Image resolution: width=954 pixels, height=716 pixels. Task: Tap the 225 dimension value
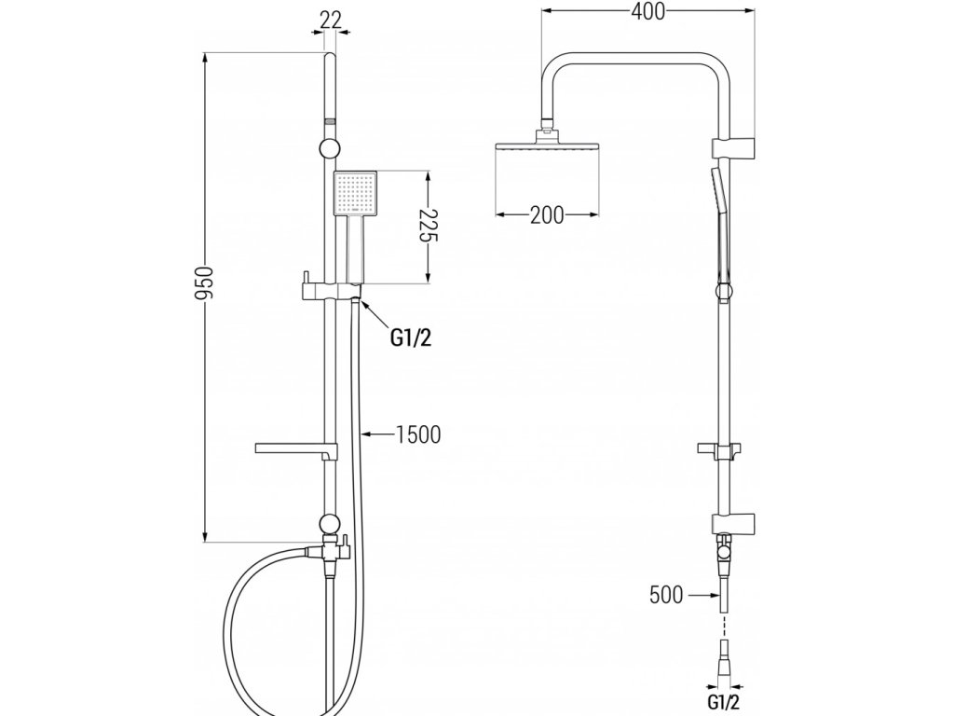(427, 226)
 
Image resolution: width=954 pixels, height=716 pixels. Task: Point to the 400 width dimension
(647, 13)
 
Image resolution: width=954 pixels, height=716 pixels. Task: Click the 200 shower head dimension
(546, 215)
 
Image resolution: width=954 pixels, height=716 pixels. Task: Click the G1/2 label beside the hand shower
(410, 337)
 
